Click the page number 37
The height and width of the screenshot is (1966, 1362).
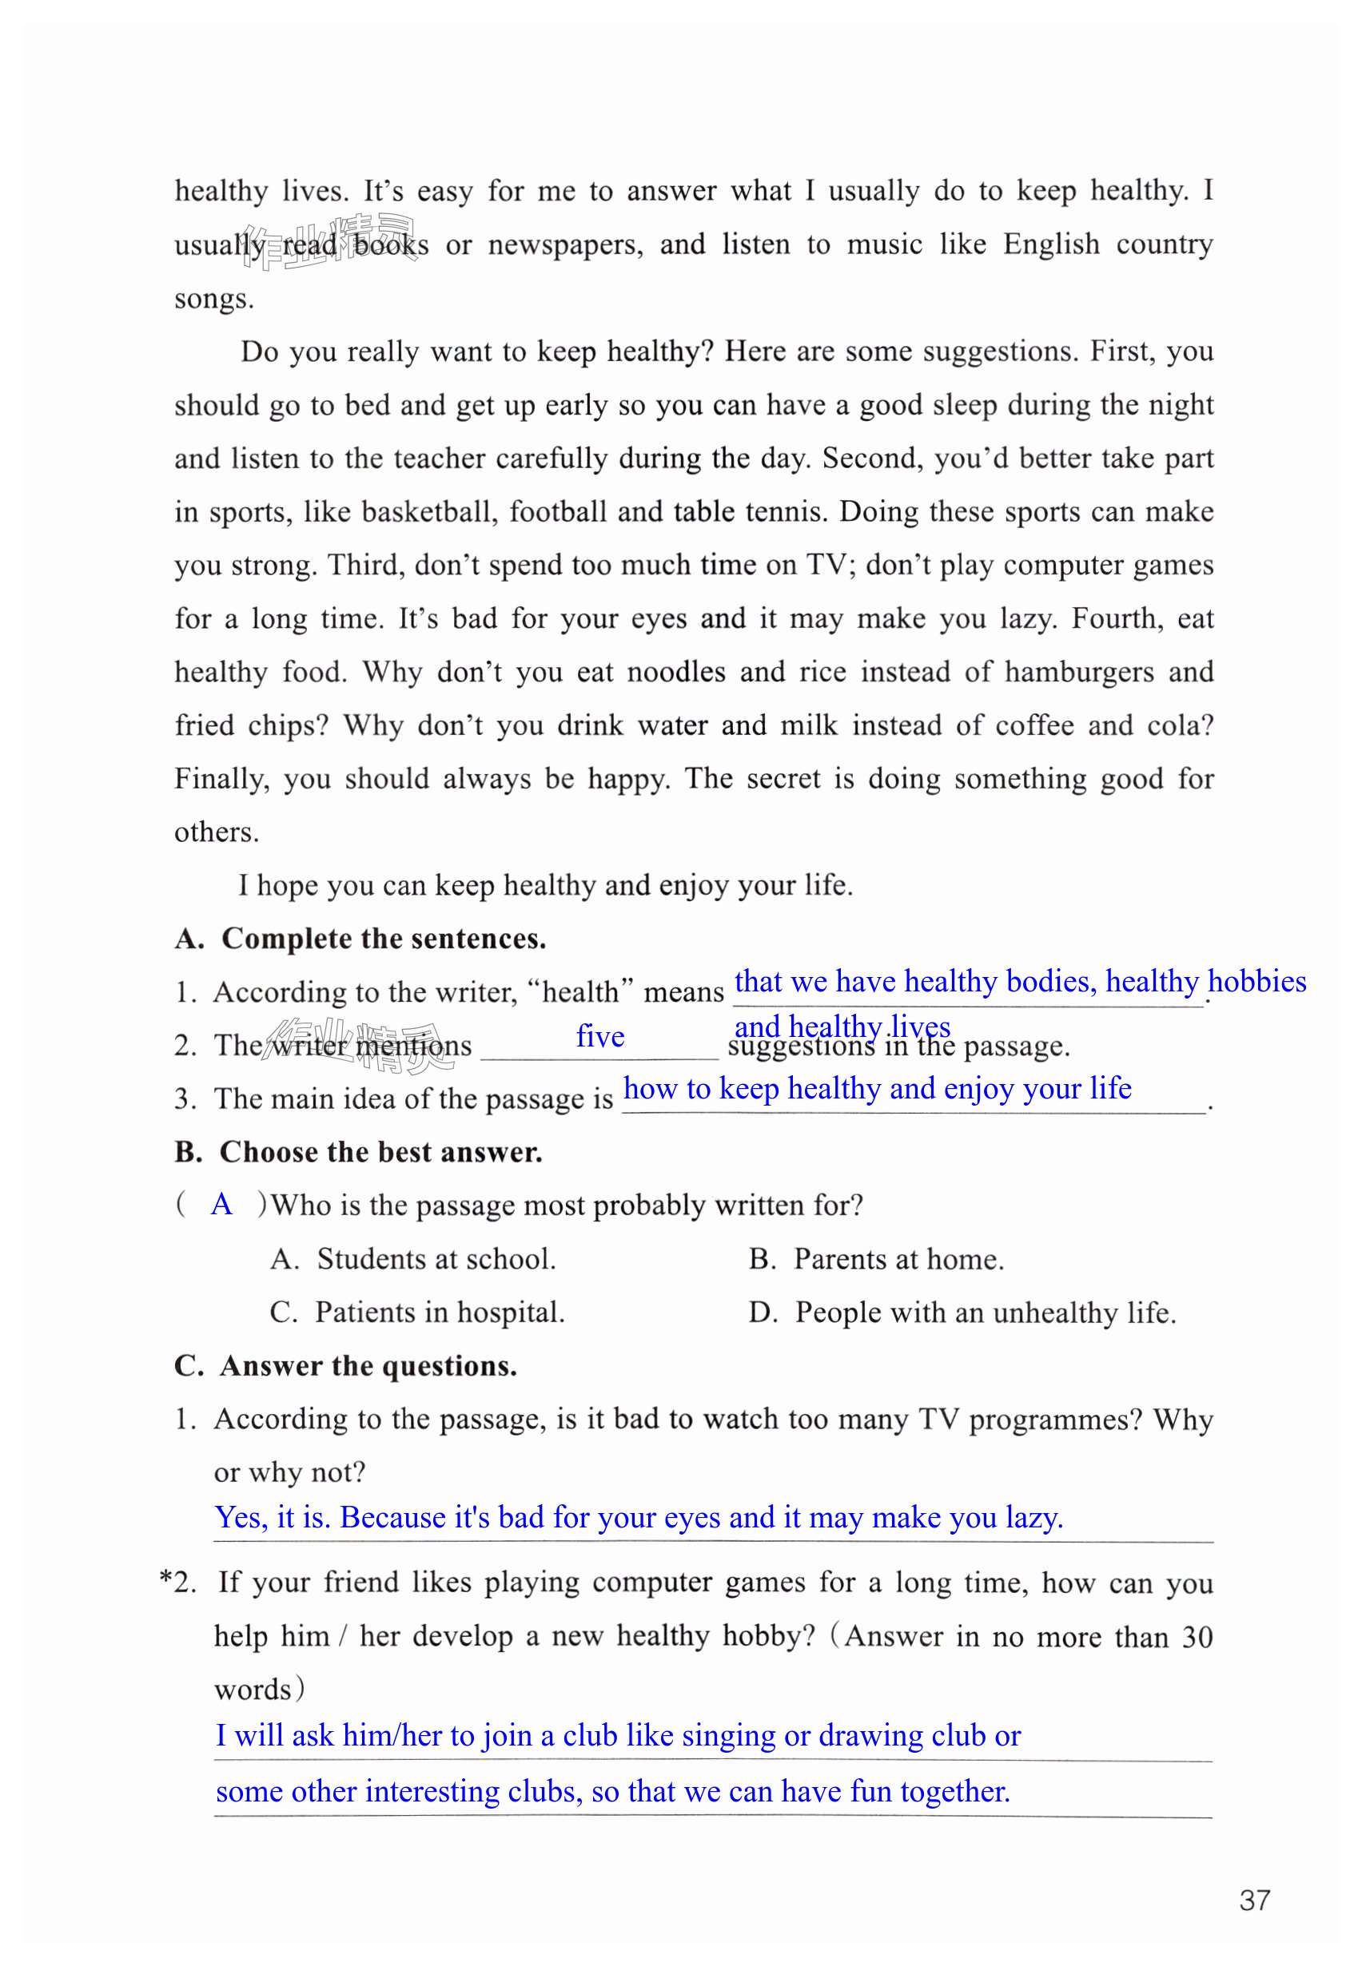(1254, 1900)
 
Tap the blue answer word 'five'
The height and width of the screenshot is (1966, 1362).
(600, 1036)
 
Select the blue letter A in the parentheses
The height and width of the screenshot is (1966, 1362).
(222, 1205)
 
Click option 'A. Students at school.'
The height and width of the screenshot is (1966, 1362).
(413, 1259)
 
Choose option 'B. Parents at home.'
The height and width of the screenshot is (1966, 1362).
(876, 1259)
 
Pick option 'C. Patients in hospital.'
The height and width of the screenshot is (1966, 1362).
(417, 1312)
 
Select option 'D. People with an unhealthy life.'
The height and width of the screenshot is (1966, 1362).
(962, 1313)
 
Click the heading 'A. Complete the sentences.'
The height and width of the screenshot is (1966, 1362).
(360, 938)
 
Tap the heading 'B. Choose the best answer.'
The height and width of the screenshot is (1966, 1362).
(358, 1151)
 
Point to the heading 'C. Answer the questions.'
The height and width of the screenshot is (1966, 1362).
(345, 1365)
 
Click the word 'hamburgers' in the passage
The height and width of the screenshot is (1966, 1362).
(1079, 672)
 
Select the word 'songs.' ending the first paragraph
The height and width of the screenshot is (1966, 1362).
(214, 300)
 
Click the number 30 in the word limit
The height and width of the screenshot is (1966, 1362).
(1197, 1637)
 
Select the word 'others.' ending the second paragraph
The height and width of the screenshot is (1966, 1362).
(216, 832)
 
